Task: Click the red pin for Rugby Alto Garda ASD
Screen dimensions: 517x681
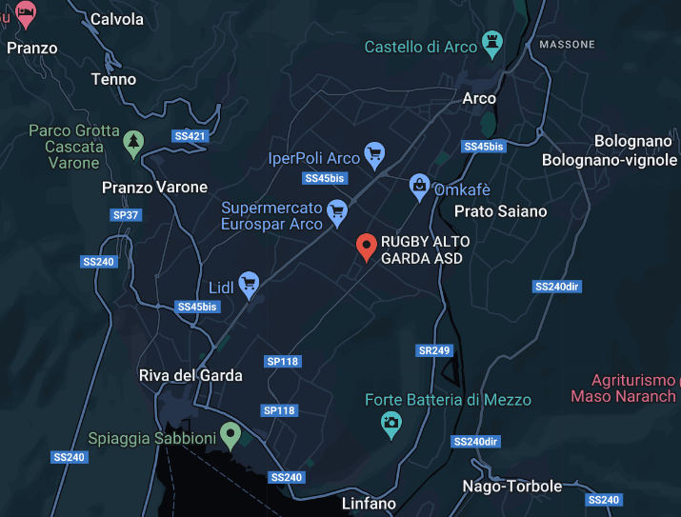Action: pyautogui.click(x=366, y=246)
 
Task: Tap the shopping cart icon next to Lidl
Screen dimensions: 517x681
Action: pyautogui.click(x=250, y=283)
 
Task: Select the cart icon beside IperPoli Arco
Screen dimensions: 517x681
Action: pyautogui.click(x=375, y=152)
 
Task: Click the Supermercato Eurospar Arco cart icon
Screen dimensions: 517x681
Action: pyautogui.click(x=336, y=210)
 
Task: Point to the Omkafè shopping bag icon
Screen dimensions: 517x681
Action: pyautogui.click(x=418, y=184)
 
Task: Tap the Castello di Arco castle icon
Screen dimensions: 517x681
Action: pyautogui.click(x=492, y=41)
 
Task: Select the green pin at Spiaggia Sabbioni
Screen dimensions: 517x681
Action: pyautogui.click(x=230, y=435)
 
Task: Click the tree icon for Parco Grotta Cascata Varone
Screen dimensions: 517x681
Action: pyautogui.click(x=134, y=144)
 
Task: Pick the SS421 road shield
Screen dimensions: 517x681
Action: pyautogui.click(x=190, y=136)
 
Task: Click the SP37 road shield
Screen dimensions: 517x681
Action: pyautogui.click(x=126, y=215)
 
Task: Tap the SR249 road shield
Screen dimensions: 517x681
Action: pyautogui.click(x=433, y=350)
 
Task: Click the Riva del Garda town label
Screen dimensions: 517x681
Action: pyautogui.click(x=190, y=375)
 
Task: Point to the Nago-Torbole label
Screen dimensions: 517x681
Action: pyautogui.click(x=511, y=487)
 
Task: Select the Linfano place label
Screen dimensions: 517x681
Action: pyautogui.click(x=369, y=503)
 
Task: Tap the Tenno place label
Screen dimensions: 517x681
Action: pyautogui.click(x=113, y=79)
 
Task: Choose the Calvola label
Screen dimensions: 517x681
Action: pyautogui.click(x=117, y=19)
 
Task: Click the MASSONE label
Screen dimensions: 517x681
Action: pyautogui.click(x=567, y=45)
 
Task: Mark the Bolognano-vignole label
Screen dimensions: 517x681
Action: pyautogui.click(x=610, y=160)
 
